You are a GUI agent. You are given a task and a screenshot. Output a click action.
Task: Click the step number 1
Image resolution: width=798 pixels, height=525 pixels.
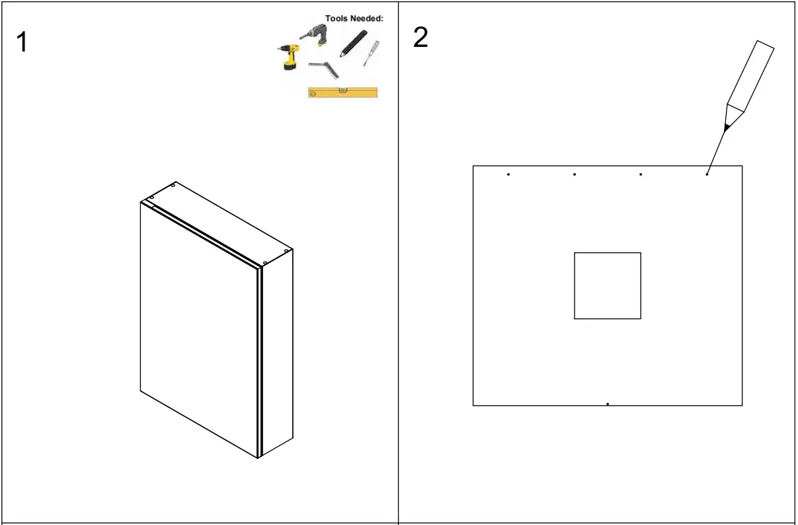pos(22,43)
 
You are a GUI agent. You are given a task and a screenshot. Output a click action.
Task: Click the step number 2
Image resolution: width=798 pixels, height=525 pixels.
pos(420,38)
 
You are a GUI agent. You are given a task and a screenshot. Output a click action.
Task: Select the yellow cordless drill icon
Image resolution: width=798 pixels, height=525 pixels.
pos(288,57)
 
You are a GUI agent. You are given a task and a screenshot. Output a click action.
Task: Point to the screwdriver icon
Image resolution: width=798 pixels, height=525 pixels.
pos(371,53)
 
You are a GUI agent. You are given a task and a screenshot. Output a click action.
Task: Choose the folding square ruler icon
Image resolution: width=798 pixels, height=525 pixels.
pos(324,67)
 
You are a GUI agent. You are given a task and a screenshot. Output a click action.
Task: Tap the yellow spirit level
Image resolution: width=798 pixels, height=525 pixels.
pos(342,92)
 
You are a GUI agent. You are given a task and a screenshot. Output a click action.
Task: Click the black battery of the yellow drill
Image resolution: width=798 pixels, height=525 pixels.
pos(290,65)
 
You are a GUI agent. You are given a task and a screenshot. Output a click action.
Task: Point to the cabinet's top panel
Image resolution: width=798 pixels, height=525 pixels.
pos(218,221)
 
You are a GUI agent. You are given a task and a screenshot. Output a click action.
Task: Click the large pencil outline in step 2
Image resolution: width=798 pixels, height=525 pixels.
pos(750,76)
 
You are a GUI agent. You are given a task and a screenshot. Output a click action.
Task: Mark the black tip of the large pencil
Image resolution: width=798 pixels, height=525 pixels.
pos(726,127)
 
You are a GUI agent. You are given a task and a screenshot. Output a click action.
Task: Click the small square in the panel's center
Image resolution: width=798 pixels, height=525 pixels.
pos(607,285)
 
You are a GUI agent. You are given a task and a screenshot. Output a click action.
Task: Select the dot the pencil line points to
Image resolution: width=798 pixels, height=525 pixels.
pos(707,174)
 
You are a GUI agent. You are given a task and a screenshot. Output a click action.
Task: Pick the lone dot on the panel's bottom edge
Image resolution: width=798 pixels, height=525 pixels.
pos(607,403)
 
